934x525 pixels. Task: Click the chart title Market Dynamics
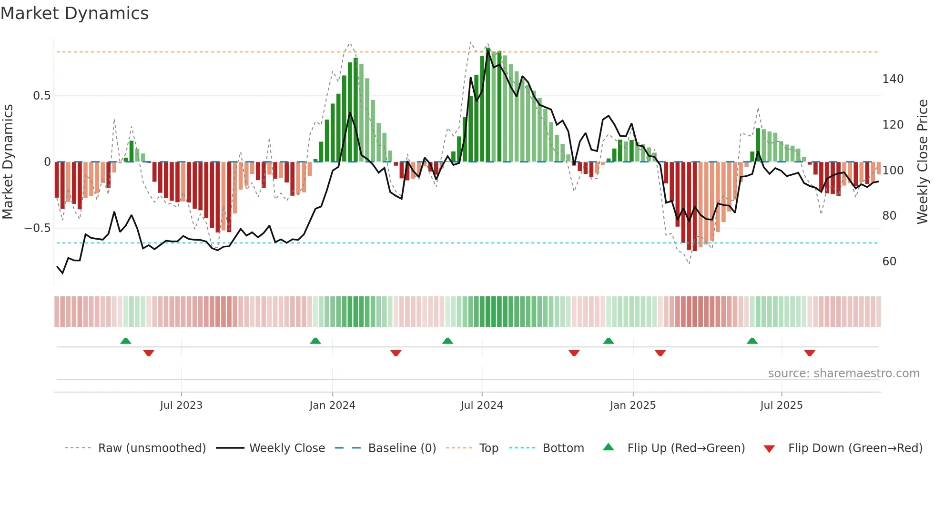(x=74, y=13)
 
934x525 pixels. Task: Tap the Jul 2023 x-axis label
(x=181, y=405)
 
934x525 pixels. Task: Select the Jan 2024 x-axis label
(x=332, y=405)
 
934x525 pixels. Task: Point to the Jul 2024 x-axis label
(x=482, y=405)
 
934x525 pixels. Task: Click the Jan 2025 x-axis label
(x=633, y=405)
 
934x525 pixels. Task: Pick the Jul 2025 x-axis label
(x=782, y=405)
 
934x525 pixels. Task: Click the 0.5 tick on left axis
(x=41, y=96)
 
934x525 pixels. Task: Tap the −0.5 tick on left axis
(x=37, y=228)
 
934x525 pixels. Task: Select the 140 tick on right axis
(x=893, y=79)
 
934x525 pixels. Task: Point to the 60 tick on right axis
(x=889, y=262)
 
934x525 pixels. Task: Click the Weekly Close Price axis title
(x=923, y=162)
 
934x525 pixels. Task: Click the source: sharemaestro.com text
(x=843, y=374)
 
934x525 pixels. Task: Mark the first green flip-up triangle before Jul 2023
(x=126, y=341)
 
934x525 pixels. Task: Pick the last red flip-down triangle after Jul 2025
(x=810, y=353)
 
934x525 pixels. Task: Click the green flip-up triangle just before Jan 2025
(x=609, y=341)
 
